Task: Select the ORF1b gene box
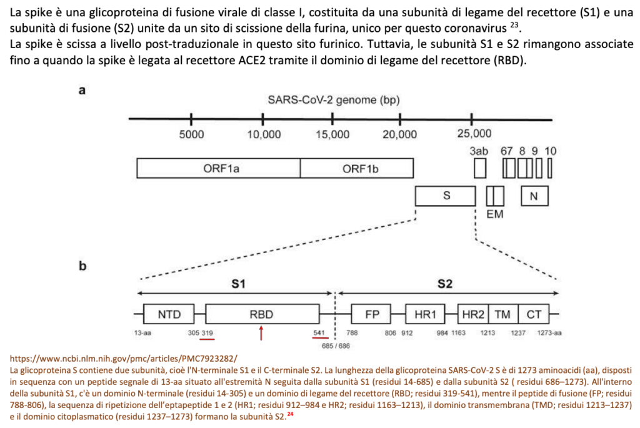click(357, 168)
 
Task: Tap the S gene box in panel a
click(446, 196)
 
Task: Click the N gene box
click(534, 196)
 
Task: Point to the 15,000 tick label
click(332, 134)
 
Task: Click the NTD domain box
click(168, 314)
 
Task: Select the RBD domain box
click(262, 314)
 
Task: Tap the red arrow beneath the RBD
click(261, 334)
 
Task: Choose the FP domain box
click(372, 314)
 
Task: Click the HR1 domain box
click(425, 314)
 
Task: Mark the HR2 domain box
click(473, 314)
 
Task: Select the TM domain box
click(502, 314)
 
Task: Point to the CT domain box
click(534, 314)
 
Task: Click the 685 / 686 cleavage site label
click(336, 345)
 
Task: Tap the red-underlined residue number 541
click(318, 333)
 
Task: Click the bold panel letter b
click(82, 267)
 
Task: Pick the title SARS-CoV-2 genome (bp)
click(334, 100)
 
